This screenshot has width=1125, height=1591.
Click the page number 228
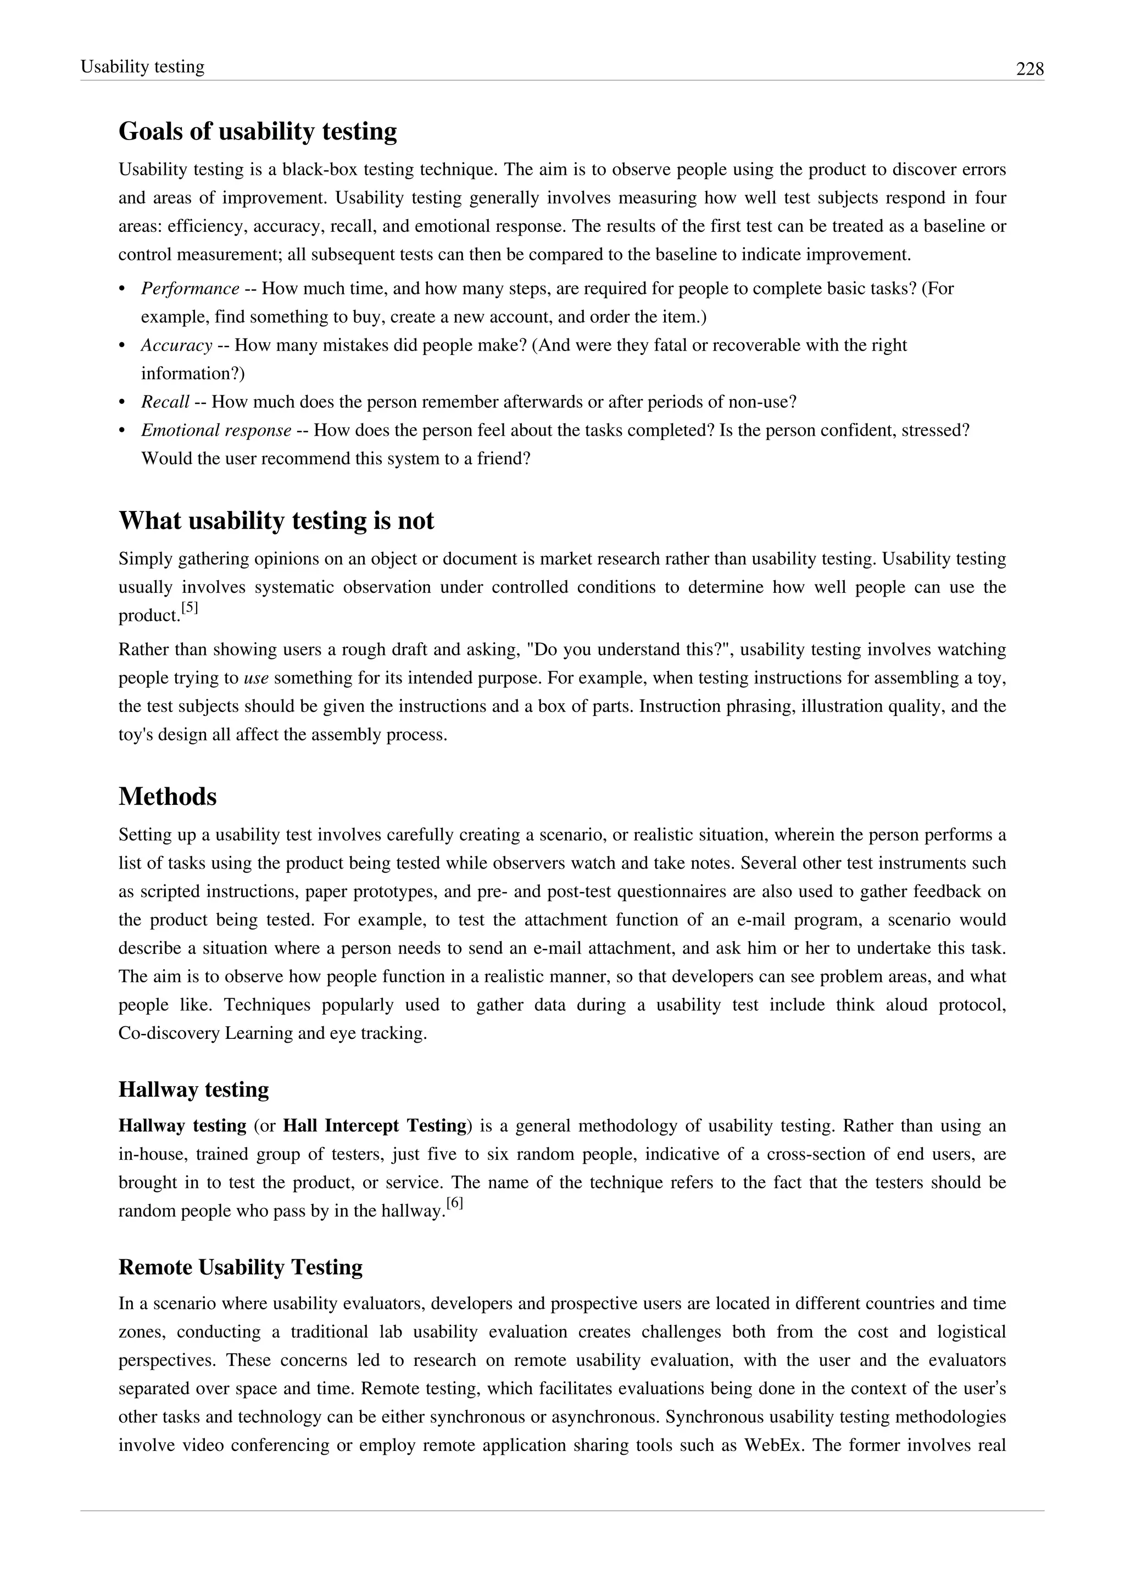tap(1029, 69)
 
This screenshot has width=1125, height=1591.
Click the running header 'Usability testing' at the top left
tap(142, 66)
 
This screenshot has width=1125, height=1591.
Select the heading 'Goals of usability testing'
tap(258, 131)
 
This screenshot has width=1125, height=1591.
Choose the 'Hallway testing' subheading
tap(193, 1089)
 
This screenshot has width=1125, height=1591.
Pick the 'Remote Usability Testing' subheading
tap(241, 1267)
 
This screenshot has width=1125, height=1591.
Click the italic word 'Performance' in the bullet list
tap(190, 288)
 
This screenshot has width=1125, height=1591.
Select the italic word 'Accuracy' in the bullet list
tap(176, 345)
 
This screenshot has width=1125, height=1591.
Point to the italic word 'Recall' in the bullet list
tap(165, 402)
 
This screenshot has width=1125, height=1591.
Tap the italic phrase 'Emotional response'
tap(215, 430)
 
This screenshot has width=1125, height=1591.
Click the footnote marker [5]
tap(189, 608)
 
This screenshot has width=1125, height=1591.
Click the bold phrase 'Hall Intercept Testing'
tap(375, 1125)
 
